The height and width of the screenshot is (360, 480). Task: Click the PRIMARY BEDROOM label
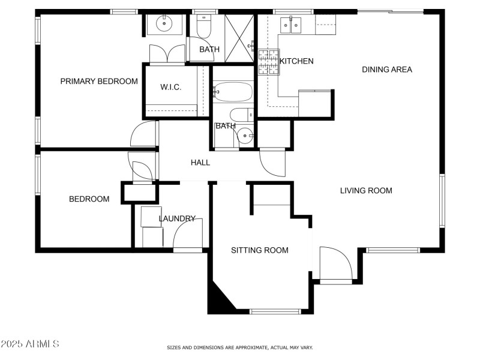point(99,81)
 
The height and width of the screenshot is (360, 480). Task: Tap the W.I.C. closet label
point(170,88)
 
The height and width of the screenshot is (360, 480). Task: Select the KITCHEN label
point(296,61)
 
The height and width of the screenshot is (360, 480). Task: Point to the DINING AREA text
point(387,70)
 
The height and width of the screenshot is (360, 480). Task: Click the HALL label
point(200,163)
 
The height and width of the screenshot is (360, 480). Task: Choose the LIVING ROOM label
point(366,191)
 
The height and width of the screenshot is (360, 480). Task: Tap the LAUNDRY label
point(177,218)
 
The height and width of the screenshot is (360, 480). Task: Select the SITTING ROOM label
point(260,250)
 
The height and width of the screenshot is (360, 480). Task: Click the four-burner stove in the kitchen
point(269,62)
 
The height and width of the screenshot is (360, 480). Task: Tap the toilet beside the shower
point(203,27)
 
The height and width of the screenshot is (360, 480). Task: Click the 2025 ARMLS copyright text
point(30,344)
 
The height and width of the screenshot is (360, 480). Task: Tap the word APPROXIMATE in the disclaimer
point(247,347)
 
